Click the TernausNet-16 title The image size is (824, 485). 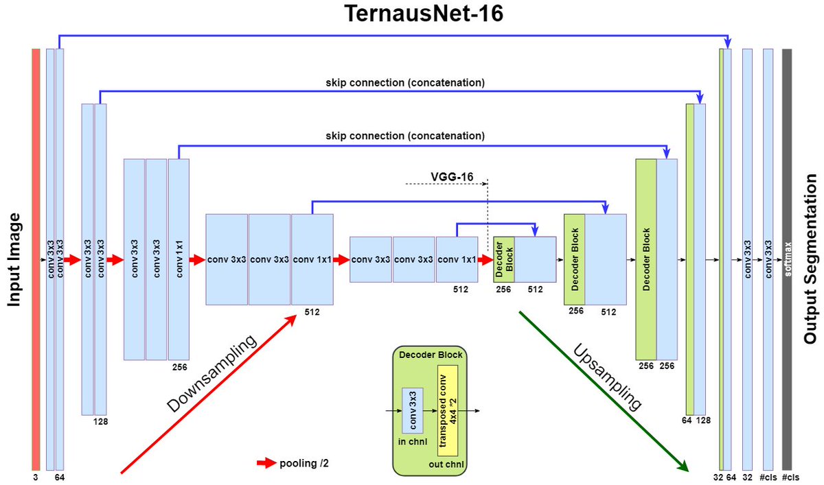(424, 14)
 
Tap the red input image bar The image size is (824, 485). (36, 259)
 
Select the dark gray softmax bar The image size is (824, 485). (787, 259)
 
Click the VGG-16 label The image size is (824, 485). (452, 177)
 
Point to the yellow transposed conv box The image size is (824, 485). (448, 411)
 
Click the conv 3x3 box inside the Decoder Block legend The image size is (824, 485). (413, 410)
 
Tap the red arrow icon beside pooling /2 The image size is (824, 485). (266, 463)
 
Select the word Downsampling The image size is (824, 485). (211, 373)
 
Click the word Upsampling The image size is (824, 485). (608, 377)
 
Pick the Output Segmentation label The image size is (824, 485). (810, 259)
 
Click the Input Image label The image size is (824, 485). (14, 259)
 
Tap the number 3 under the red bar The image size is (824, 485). (36, 477)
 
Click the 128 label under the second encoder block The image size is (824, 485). (100, 422)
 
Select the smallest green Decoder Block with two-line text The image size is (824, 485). (504, 259)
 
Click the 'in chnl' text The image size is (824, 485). (413, 442)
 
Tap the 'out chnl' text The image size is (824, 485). (446, 464)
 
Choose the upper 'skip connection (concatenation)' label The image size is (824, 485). (405, 83)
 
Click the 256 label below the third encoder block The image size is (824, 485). (179, 367)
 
